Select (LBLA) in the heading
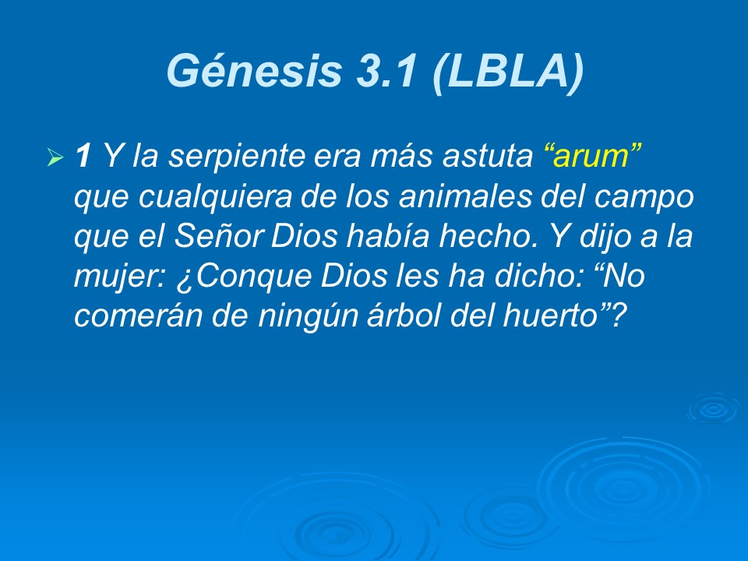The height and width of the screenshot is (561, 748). (505, 72)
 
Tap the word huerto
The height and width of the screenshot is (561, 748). (549, 315)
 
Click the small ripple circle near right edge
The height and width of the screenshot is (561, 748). (711, 408)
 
